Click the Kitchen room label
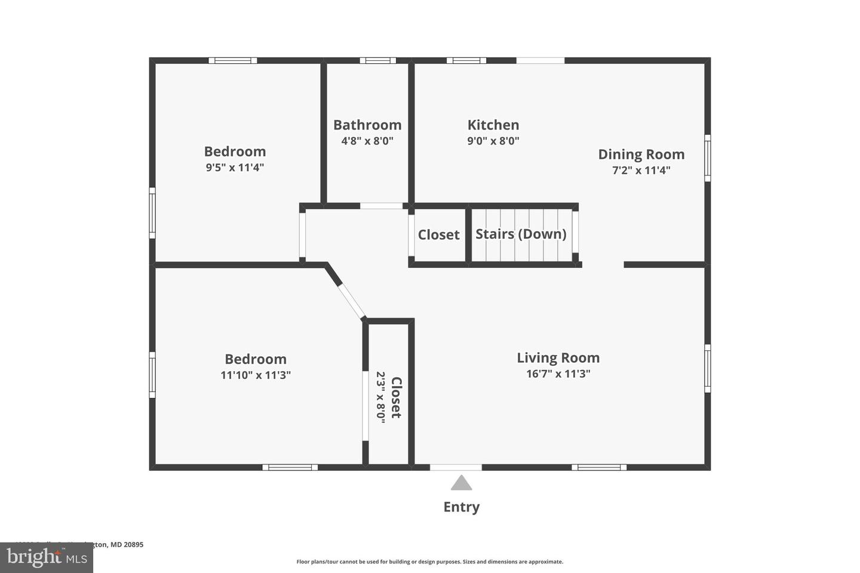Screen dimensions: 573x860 pyautogui.click(x=493, y=125)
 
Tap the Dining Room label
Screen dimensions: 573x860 pyautogui.click(x=641, y=154)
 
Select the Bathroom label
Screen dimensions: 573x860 pyautogui.click(x=367, y=125)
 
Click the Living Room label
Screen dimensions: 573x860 pyautogui.click(x=558, y=358)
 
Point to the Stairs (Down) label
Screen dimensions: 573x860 pyautogui.click(x=521, y=234)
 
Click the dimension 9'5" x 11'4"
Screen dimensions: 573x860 pyautogui.click(x=235, y=168)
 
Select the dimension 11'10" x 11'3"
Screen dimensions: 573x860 pyautogui.click(x=255, y=375)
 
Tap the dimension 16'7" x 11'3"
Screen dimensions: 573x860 pyautogui.click(x=558, y=374)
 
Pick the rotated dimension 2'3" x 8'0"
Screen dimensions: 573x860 pyautogui.click(x=380, y=397)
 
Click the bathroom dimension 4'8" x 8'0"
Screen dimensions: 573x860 pyautogui.click(x=367, y=141)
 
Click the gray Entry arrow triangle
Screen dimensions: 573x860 pyautogui.click(x=461, y=483)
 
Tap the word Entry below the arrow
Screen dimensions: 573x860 pyautogui.click(x=461, y=507)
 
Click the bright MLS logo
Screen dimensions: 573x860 pyautogui.click(x=46, y=557)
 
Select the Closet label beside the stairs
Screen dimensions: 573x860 pyautogui.click(x=438, y=235)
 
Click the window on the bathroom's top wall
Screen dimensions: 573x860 pyautogui.click(x=377, y=60)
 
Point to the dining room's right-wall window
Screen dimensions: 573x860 pyautogui.click(x=708, y=158)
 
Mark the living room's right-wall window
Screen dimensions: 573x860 pyautogui.click(x=708, y=368)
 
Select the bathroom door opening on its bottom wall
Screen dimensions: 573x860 pyautogui.click(x=382, y=206)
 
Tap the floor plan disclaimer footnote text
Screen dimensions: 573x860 pyautogui.click(x=429, y=562)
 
